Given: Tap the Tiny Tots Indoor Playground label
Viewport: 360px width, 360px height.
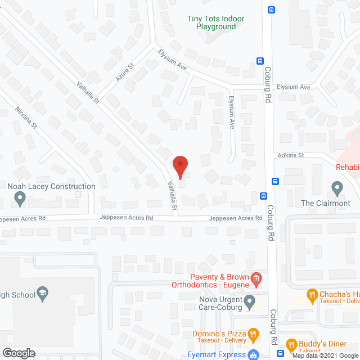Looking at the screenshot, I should click(x=216, y=22).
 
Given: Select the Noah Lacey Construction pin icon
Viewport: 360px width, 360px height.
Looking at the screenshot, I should click(x=20, y=197).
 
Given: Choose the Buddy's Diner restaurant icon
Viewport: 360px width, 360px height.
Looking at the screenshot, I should click(x=291, y=344).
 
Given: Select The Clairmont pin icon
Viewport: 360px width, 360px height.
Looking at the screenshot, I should click(x=337, y=187).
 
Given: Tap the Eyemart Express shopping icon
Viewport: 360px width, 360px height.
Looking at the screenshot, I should click(x=254, y=354).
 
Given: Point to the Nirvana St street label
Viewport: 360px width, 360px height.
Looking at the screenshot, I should click(x=26, y=116).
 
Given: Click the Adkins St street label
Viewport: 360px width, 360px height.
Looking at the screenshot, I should click(x=290, y=155).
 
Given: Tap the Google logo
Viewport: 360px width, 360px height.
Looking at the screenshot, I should click(x=19, y=353).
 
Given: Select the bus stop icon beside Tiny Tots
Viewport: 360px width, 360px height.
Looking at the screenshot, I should click(x=271, y=10).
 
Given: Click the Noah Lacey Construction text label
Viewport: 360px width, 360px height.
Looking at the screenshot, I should click(x=51, y=186).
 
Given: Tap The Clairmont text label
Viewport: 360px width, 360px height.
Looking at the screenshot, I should click(x=326, y=203).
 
